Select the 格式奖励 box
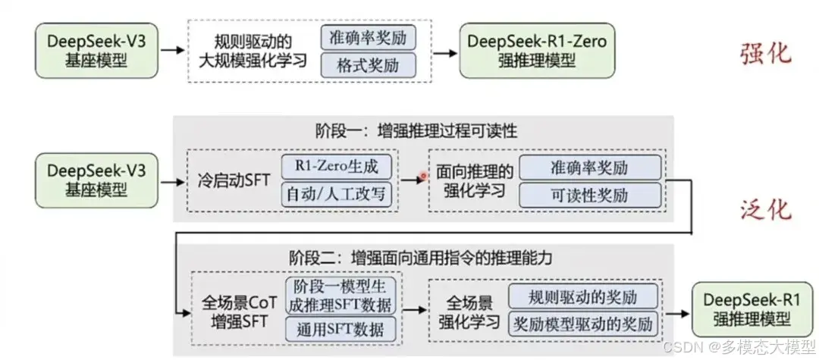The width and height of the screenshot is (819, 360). click(x=368, y=64)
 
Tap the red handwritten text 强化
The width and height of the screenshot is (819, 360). click(x=765, y=54)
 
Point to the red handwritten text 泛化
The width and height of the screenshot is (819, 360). click(x=765, y=210)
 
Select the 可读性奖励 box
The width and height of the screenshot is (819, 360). click(x=590, y=195)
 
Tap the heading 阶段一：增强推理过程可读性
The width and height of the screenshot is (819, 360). click(x=416, y=131)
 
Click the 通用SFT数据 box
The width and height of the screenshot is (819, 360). click(x=341, y=329)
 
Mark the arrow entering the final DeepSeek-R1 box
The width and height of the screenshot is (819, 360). click(x=680, y=310)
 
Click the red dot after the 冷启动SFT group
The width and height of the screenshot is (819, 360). click(x=423, y=177)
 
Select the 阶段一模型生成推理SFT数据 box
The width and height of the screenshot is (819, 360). click(x=341, y=296)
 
